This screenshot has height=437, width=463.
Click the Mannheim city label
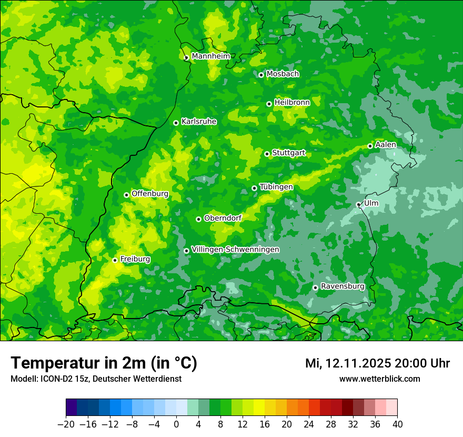point(210,56)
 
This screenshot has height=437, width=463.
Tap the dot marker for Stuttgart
point(267,154)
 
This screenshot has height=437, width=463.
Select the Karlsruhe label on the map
point(199,122)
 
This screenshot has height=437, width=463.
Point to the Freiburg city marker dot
point(115,260)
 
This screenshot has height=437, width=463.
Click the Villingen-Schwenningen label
point(235,250)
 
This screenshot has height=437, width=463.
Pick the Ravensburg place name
point(343,286)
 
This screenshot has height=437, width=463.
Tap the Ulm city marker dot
point(358,205)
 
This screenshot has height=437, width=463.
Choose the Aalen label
point(386,145)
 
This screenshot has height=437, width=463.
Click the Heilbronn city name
point(292,103)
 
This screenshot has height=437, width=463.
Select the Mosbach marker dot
point(261,75)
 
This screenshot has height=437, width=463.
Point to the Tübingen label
point(276,187)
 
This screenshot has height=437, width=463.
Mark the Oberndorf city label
point(223,218)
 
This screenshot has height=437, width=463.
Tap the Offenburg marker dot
point(126,195)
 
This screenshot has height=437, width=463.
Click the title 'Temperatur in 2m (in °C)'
point(104,363)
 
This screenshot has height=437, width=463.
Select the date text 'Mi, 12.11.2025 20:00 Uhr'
point(377,363)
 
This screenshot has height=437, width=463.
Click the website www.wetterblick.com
point(379,379)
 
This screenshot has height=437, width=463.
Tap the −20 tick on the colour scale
point(66,424)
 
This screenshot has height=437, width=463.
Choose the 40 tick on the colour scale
point(397,424)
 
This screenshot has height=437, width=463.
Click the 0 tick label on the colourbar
point(176,424)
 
